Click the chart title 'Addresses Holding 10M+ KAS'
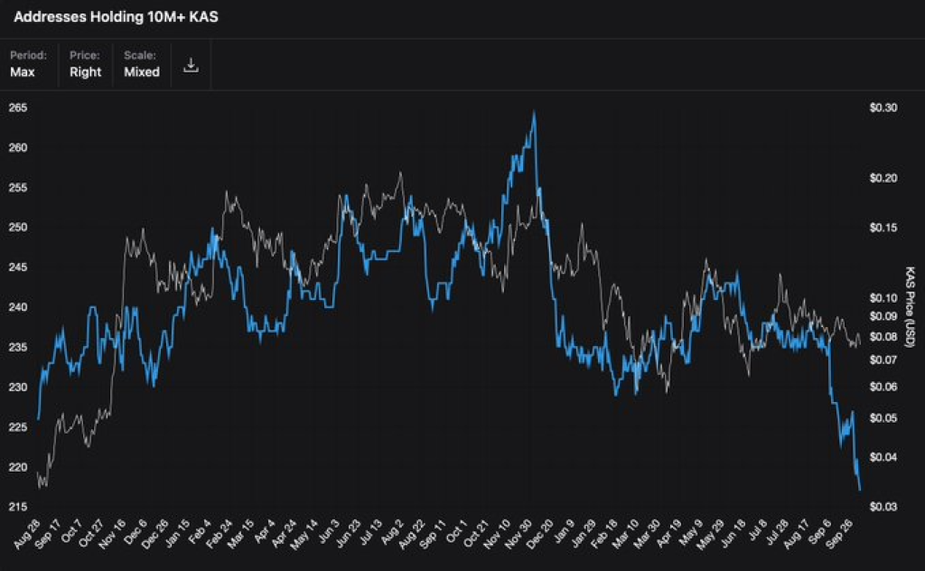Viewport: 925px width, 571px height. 116,18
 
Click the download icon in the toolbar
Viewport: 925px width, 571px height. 191,65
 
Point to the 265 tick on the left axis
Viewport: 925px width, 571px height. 18,108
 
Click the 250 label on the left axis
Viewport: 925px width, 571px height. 18,228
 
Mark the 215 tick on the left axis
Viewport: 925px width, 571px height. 18,507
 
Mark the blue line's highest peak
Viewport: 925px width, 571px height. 535,112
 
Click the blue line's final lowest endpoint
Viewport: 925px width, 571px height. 859,490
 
